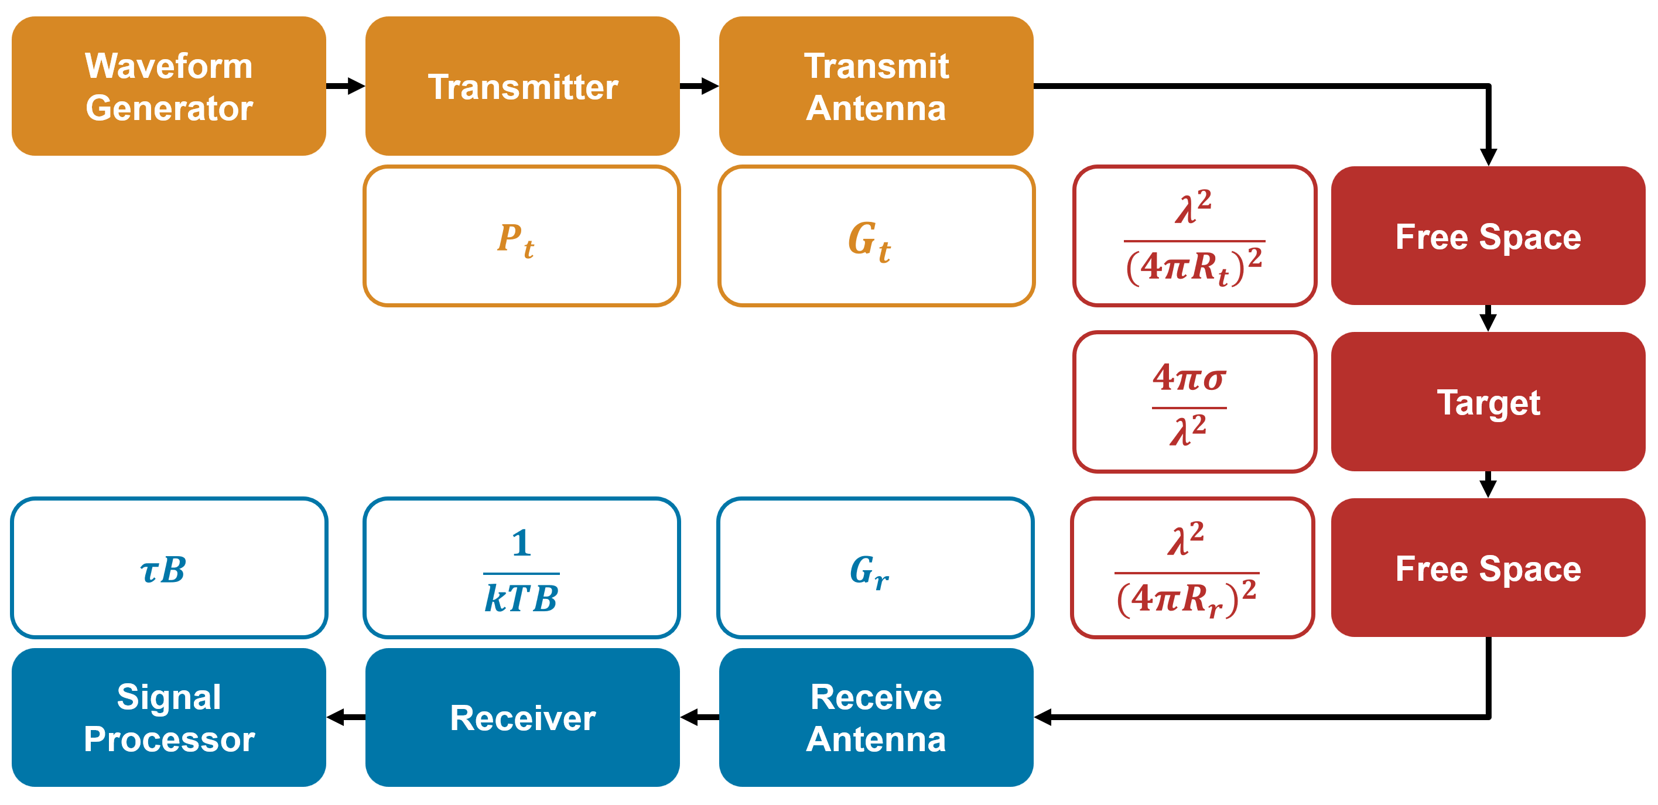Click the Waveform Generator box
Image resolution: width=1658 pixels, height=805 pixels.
pyautogui.click(x=169, y=86)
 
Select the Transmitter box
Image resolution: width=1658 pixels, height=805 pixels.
pyautogui.click(x=522, y=86)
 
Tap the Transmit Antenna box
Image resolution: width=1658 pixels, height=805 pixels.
pyautogui.click(x=876, y=86)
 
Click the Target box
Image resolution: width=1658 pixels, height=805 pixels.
pyautogui.click(x=1488, y=402)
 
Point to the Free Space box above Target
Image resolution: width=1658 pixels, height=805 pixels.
pyautogui.click(x=1488, y=235)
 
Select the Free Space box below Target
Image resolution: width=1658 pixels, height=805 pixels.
pyautogui.click(x=1488, y=567)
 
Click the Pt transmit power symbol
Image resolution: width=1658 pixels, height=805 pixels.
pyautogui.click(x=515, y=240)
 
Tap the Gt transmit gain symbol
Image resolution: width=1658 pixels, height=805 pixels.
pyautogui.click(x=870, y=241)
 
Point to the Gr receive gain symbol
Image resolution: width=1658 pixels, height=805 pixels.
pyautogui.click(x=870, y=571)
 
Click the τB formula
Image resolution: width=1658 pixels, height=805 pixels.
pyautogui.click(x=163, y=570)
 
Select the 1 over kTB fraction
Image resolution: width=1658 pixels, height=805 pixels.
pyautogui.click(x=521, y=571)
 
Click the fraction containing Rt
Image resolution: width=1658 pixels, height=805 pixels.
pyautogui.click(x=1195, y=237)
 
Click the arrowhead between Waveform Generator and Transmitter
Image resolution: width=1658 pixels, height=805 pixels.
pyautogui.click(x=356, y=85)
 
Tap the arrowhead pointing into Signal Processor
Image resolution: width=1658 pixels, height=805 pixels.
pyautogui.click(x=336, y=717)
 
